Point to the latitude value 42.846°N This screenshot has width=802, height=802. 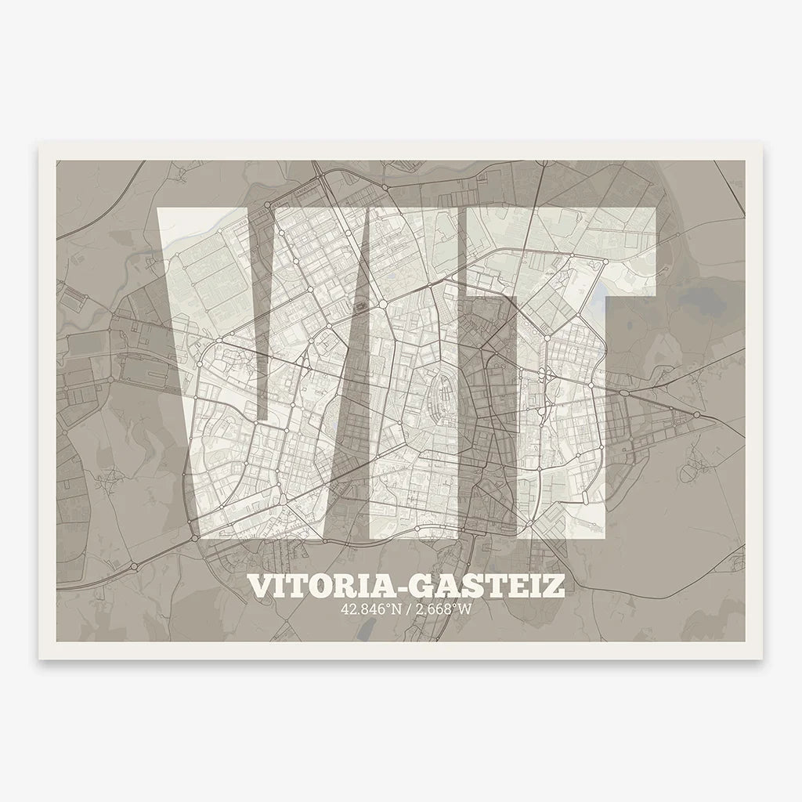pos(370,609)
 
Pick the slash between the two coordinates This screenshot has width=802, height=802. pos(406,609)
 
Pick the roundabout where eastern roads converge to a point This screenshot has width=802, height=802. pos(697,414)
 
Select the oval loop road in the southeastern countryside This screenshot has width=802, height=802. pos(692,472)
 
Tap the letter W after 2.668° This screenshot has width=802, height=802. pos(468,609)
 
